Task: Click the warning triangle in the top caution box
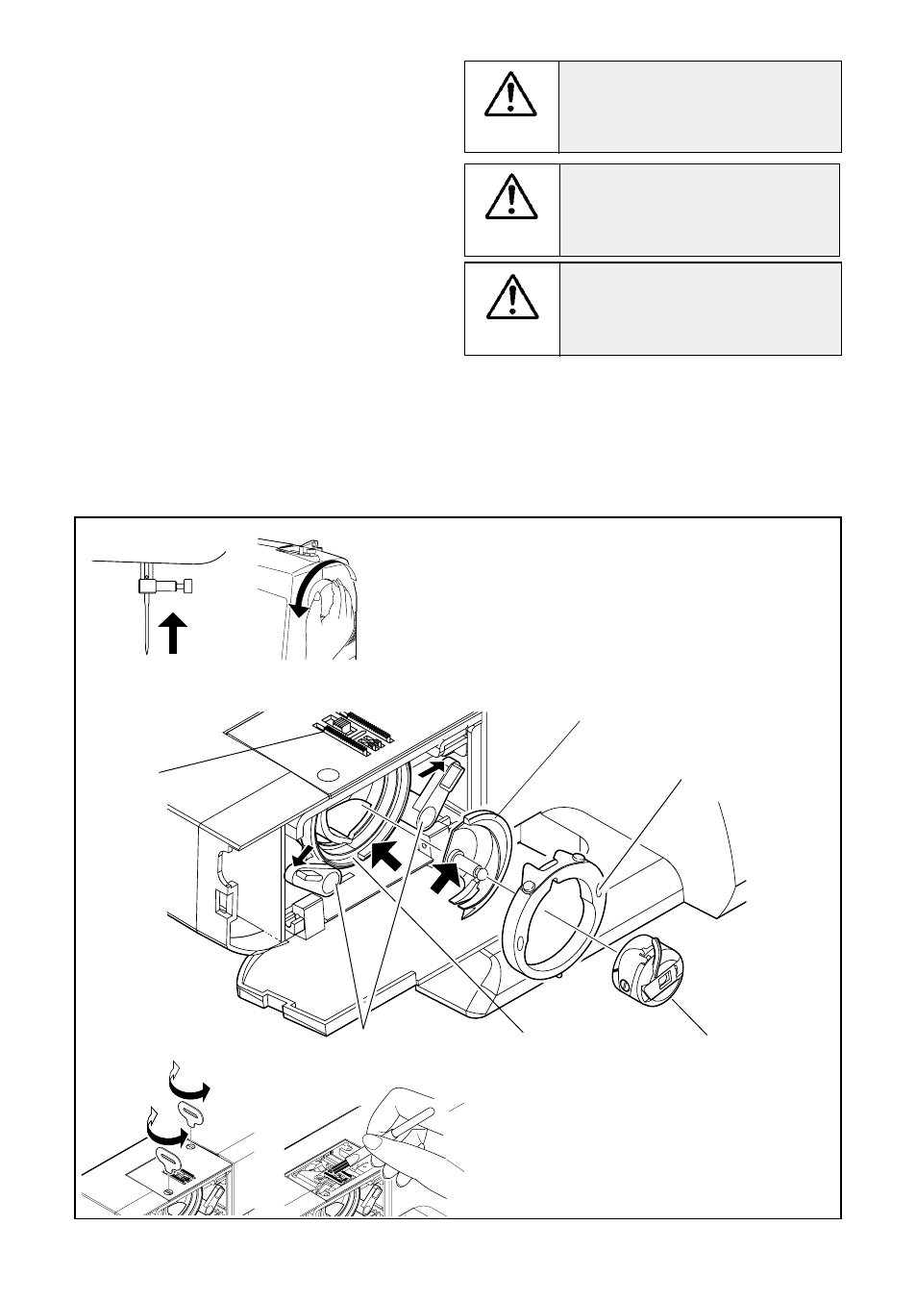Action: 511,94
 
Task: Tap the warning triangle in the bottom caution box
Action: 511,296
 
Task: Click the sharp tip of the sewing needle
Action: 143,653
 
